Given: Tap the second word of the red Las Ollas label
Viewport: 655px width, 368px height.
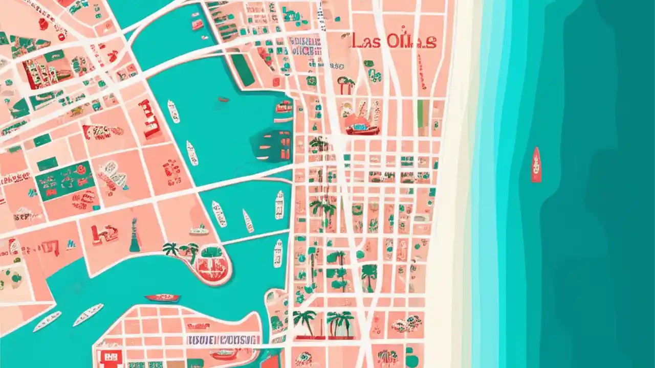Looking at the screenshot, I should (412, 41).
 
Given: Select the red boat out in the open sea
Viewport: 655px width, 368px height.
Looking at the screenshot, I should (536, 165).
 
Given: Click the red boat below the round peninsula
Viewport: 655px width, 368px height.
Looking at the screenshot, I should (162, 297).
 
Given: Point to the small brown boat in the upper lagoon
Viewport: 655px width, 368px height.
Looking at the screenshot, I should (224, 99).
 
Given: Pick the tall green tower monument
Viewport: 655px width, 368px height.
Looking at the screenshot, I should (135, 236).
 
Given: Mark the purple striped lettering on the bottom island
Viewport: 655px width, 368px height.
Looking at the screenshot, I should (223, 340).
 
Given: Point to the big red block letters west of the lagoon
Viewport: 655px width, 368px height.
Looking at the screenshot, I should (148, 119).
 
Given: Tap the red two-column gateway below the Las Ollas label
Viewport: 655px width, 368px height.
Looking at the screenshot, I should (346, 85).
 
